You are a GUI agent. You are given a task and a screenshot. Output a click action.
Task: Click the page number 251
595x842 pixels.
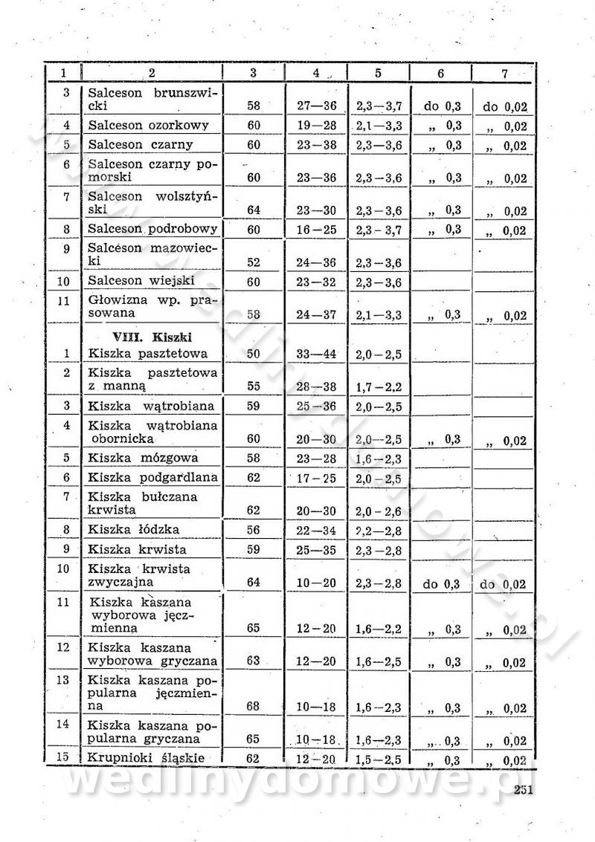(523, 790)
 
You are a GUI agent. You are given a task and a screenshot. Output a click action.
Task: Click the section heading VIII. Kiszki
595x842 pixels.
(133, 336)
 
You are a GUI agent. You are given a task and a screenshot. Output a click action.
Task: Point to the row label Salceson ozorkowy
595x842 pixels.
(148, 126)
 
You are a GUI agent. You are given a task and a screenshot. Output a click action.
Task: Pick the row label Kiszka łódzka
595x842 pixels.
(133, 529)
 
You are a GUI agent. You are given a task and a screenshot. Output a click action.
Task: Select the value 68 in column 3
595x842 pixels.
(254, 706)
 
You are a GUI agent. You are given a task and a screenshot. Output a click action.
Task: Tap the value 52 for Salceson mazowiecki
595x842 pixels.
(254, 263)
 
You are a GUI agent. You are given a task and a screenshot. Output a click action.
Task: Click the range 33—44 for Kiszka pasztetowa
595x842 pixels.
(316, 354)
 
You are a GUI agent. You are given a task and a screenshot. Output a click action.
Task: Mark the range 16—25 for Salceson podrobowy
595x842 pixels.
(316, 230)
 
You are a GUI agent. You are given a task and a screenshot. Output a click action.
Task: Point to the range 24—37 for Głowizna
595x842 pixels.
(316, 315)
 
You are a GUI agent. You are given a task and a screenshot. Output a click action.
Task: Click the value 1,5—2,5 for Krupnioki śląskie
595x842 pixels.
(379, 760)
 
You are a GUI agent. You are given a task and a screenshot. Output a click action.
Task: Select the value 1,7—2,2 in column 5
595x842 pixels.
(379, 386)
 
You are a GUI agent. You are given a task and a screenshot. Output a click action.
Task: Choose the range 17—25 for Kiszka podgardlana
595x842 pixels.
(316, 478)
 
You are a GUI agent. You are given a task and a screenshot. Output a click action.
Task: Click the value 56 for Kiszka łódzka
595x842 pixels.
(254, 529)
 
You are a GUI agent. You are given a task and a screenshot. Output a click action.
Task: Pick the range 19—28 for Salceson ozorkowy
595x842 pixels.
(316, 126)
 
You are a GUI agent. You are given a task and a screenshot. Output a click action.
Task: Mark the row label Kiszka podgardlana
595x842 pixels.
(152, 478)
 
